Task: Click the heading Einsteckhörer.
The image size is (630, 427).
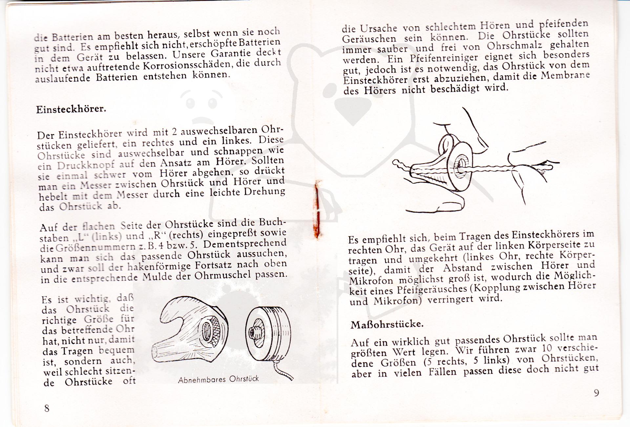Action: click(71, 109)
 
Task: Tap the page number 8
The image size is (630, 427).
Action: click(47, 408)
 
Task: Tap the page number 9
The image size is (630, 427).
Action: click(596, 393)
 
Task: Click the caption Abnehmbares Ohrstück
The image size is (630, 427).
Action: click(218, 379)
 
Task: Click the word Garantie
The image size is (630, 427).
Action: click(230, 53)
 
